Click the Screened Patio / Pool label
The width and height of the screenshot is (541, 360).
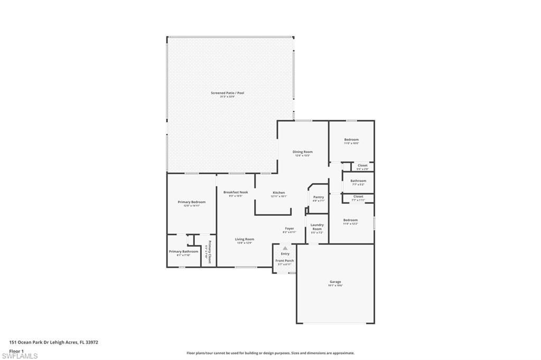pyautogui.click(x=227, y=93)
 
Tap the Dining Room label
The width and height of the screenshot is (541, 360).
pyautogui.click(x=303, y=152)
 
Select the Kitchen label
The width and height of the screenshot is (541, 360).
pyautogui.click(x=278, y=193)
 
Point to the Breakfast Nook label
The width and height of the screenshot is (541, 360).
pyautogui.click(x=236, y=192)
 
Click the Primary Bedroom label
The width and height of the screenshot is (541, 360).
pyautogui.click(x=191, y=202)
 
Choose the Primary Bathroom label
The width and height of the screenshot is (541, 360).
pyautogui.click(x=183, y=252)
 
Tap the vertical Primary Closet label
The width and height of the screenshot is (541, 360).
pyautogui.click(x=209, y=252)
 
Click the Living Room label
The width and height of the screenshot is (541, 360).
pyautogui.click(x=244, y=239)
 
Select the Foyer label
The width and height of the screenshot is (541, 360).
pyautogui.click(x=289, y=229)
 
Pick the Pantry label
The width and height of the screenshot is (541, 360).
pyautogui.click(x=318, y=197)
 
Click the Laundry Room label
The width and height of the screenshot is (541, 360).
pyautogui.click(x=317, y=226)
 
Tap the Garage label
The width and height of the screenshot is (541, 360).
pyautogui.click(x=335, y=282)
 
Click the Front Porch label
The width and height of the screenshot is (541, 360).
pyautogui.click(x=285, y=261)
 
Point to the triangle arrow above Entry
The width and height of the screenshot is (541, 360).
pyautogui.click(x=285, y=248)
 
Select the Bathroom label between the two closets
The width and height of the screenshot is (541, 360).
pyautogui.click(x=358, y=181)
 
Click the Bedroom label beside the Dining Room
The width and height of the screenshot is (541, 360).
pyautogui.click(x=351, y=140)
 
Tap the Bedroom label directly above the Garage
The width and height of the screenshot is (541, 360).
pyautogui.click(x=350, y=220)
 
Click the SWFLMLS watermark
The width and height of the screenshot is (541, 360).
pyautogui.click(x=20, y=356)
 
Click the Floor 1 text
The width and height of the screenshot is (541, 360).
pyautogui.click(x=16, y=350)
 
